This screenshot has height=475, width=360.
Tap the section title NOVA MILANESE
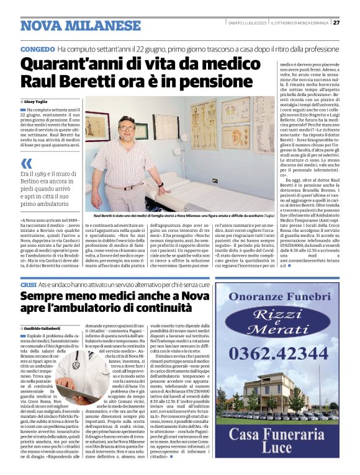pos(81,25)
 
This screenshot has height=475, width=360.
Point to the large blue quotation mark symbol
pos(26,164)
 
